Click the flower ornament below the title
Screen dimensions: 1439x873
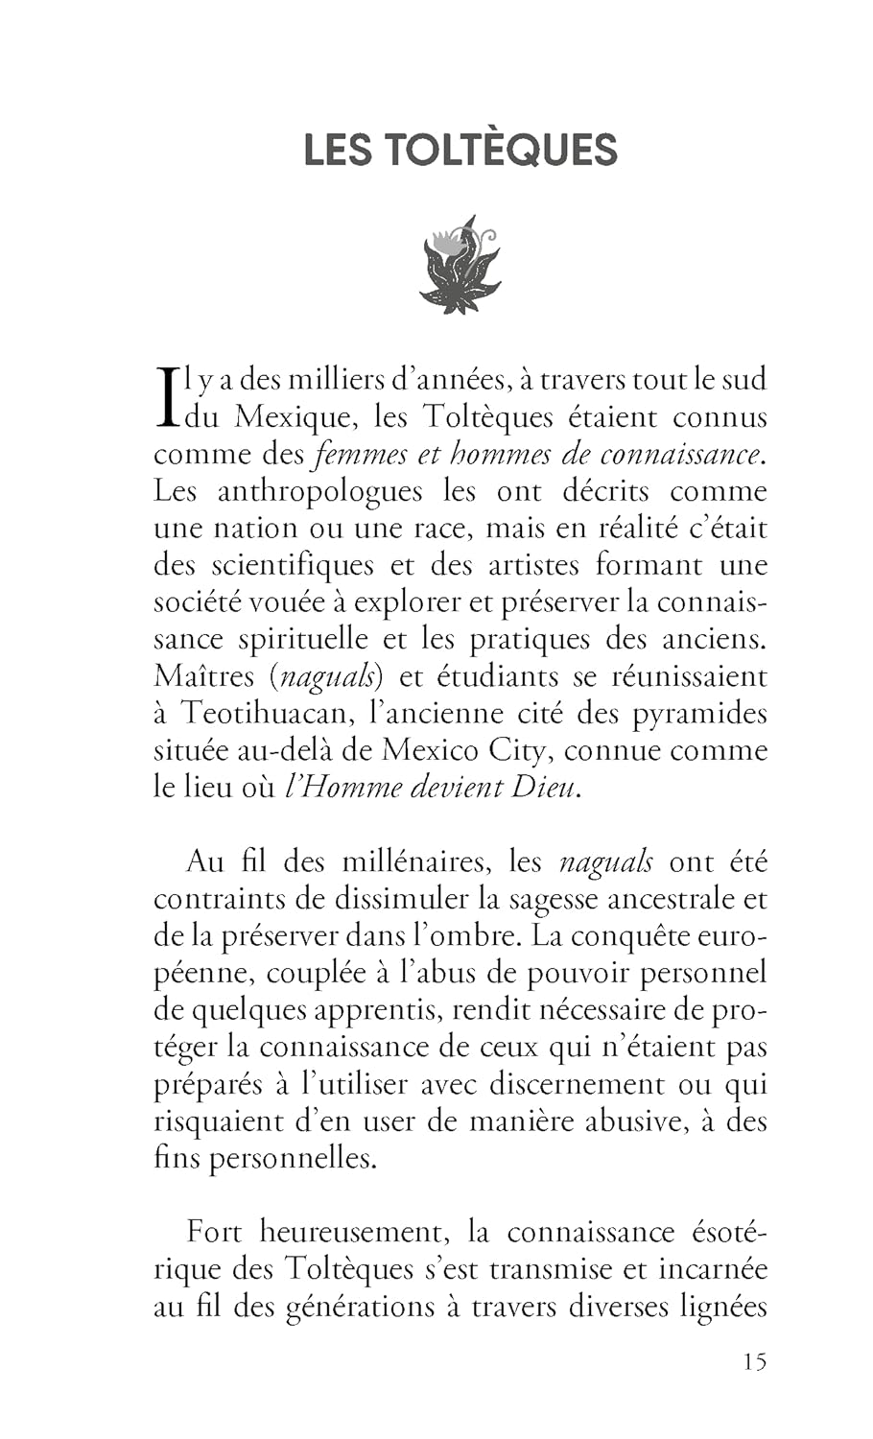(460, 264)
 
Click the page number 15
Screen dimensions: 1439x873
(753, 1361)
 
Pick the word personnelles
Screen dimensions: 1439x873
(290, 1159)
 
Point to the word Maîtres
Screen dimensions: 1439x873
(203, 677)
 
